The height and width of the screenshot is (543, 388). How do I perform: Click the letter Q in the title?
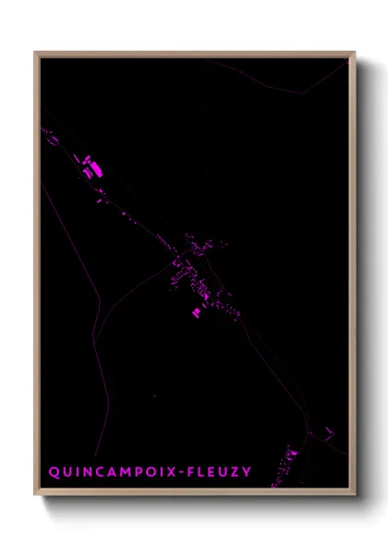(55, 472)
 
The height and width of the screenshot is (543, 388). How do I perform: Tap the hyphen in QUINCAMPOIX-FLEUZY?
(180, 472)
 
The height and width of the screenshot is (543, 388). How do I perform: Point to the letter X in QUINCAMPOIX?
(168, 472)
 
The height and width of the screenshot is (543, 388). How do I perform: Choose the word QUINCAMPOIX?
(111, 472)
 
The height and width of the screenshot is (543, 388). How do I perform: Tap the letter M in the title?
(123, 472)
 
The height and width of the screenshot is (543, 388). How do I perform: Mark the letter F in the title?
(191, 472)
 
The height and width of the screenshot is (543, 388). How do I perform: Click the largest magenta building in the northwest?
(90, 168)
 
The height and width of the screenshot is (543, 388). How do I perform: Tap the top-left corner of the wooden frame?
(36, 53)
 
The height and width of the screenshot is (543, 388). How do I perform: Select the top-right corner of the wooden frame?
(354, 53)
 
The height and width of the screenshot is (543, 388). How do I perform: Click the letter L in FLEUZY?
(203, 472)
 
